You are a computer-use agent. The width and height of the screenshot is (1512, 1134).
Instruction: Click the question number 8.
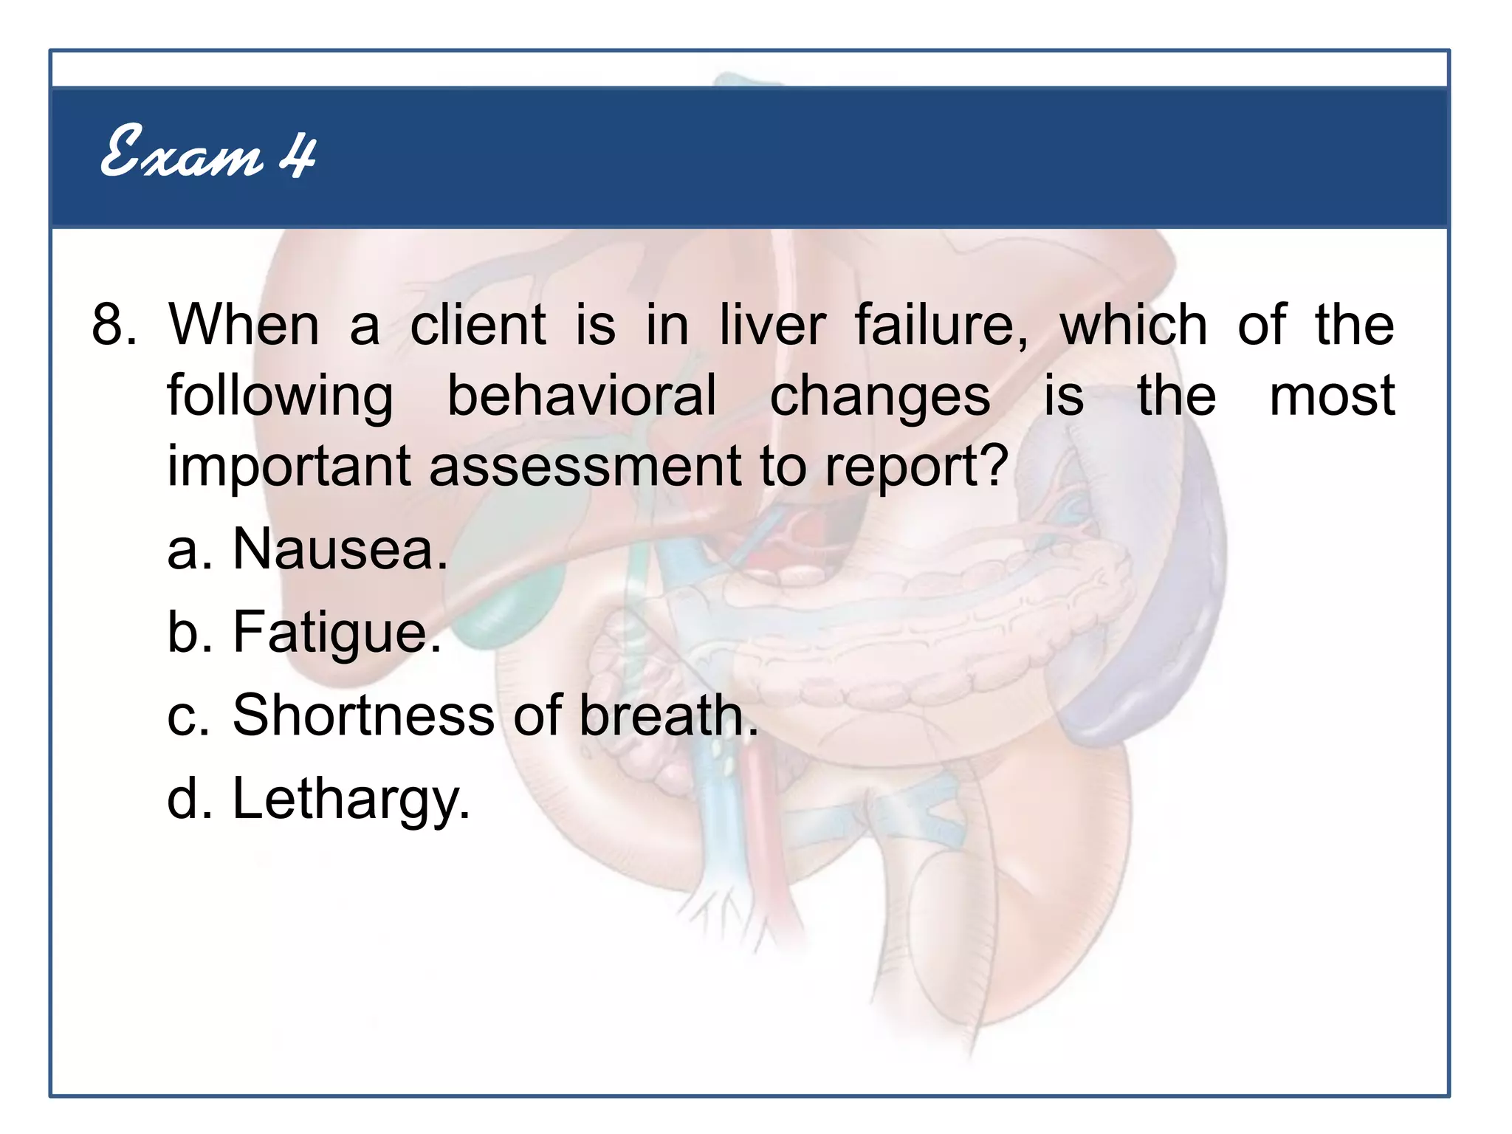coord(113,325)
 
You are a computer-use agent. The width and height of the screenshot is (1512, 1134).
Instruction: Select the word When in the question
coord(244,325)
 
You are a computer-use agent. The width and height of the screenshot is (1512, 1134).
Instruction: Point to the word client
coord(478,325)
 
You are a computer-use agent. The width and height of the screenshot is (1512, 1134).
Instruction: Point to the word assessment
coord(585,467)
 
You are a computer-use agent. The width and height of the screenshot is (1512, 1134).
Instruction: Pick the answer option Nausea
coord(340,550)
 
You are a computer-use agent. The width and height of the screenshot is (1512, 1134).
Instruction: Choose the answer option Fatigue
coord(337,633)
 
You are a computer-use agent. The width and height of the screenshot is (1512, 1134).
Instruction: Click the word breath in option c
coord(668,716)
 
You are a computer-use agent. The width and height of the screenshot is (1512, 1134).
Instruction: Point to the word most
coord(1332,396)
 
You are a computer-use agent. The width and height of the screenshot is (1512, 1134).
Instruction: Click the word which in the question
coord(1133,325)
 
